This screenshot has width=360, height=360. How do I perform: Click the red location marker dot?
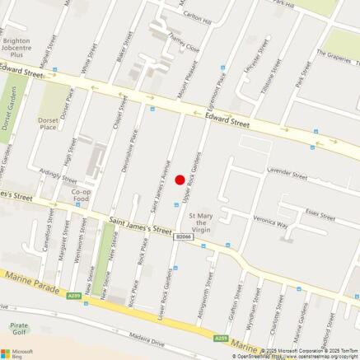click(180, 180)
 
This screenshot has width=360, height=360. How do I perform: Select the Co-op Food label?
click(81, 194)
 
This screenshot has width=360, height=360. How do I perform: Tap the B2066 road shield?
click(183, 236)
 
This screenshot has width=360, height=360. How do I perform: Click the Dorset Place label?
click(49, 124)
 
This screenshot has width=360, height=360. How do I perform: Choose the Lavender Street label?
click(287, 175)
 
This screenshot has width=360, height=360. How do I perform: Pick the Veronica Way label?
click(270, 223)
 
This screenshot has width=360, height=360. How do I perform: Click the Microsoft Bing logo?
click(17, 352)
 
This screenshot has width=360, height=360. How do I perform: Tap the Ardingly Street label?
click(57, 175)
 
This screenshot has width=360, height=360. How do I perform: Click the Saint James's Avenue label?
click(165, 173)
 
